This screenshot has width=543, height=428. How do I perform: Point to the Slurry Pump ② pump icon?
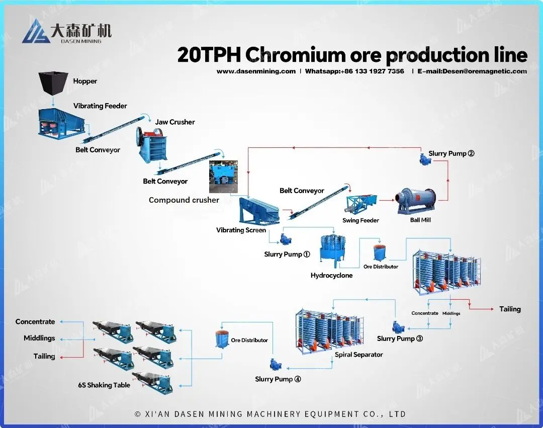[426, 158]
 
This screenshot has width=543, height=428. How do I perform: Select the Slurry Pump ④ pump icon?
[275, 363]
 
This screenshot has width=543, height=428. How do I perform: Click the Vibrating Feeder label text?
[100, 106]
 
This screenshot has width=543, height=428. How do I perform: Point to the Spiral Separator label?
[358, 355]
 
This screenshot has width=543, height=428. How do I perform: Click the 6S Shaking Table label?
[104, 385]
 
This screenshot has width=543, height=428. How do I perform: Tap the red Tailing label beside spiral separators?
[510, 309]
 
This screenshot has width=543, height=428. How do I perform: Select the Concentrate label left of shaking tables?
[35, 322]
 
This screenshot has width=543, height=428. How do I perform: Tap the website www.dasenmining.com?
[256, 71]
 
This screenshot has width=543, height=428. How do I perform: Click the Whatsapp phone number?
[372, 71]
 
